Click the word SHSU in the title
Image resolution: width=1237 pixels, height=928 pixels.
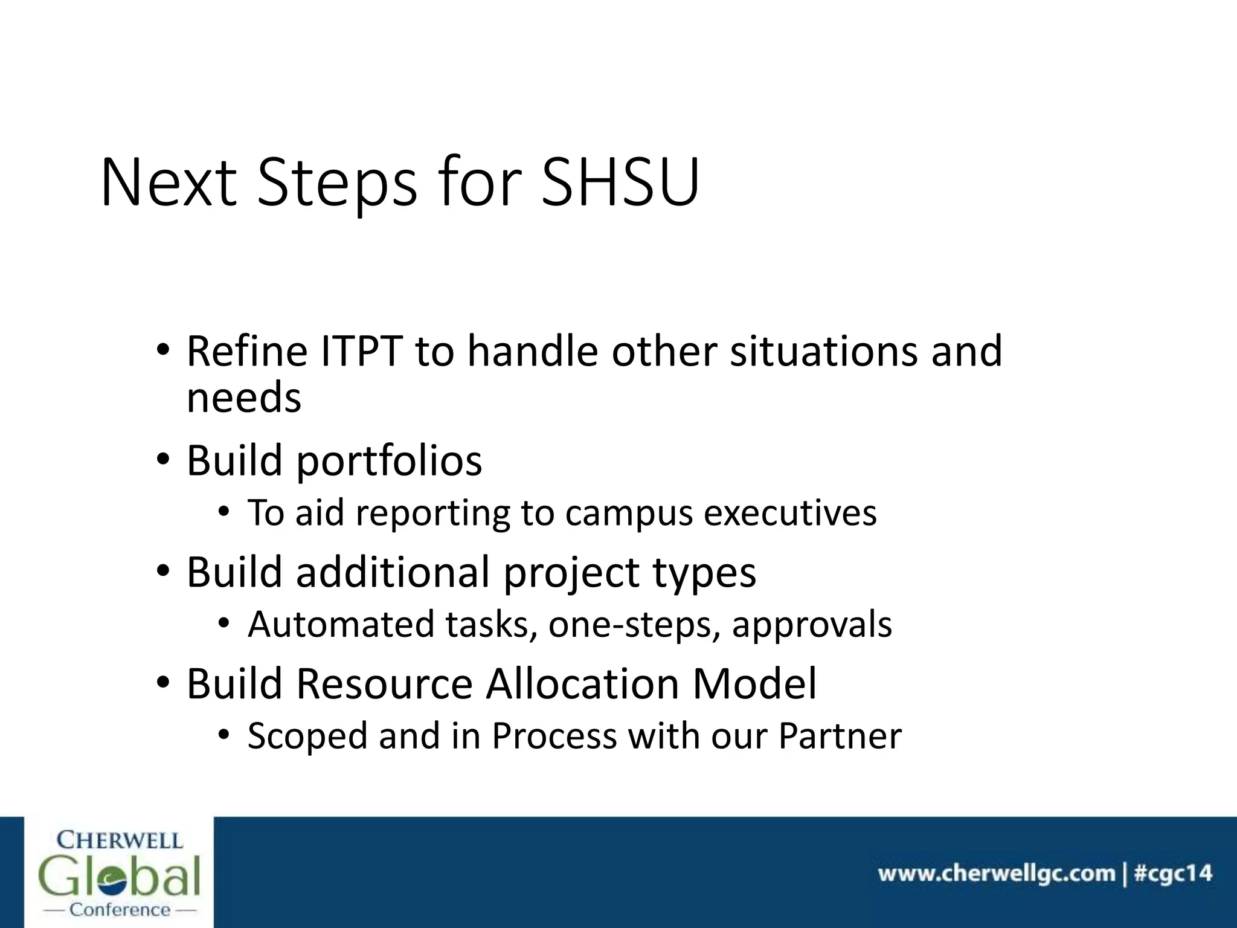[x=620, y=182]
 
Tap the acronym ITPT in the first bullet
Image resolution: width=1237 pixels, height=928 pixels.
[x=361, y=351]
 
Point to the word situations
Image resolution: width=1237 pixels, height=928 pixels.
[x=824, y=351]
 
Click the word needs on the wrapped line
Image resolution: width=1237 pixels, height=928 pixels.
[x=243, y=398]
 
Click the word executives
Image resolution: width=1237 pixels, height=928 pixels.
[x=790, y=513]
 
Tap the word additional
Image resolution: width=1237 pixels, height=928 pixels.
[x=392, y=572]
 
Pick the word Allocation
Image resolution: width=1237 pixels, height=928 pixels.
[x=583, y=684]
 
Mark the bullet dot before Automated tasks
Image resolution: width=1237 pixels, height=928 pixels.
[x=224, y=623]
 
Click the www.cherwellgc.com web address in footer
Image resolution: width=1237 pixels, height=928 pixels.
[x=996, y=874]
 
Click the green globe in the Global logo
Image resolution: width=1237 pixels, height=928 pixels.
[x=120, y=878]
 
